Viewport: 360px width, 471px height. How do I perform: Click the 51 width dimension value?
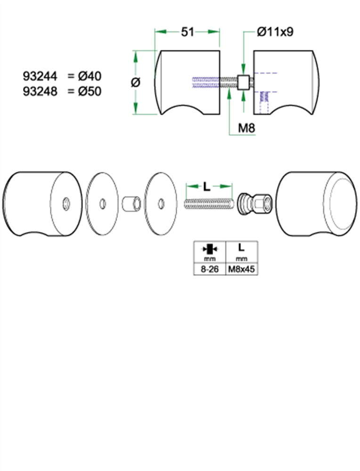pos(188,32)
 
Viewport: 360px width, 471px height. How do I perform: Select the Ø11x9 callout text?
pos(275,32)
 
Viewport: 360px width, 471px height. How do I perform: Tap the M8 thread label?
pos(246,128)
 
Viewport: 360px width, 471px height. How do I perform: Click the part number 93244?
pos(40,76)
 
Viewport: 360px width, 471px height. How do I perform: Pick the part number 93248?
pos(40,91)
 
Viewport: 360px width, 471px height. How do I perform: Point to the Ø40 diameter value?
pos(90,76)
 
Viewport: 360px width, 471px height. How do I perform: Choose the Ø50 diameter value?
pos(90,91)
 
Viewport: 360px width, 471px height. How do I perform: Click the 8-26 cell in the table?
pos(209,269)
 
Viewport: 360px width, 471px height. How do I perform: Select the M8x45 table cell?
pos(242,269)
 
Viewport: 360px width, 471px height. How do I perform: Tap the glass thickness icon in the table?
pos(210,249)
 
